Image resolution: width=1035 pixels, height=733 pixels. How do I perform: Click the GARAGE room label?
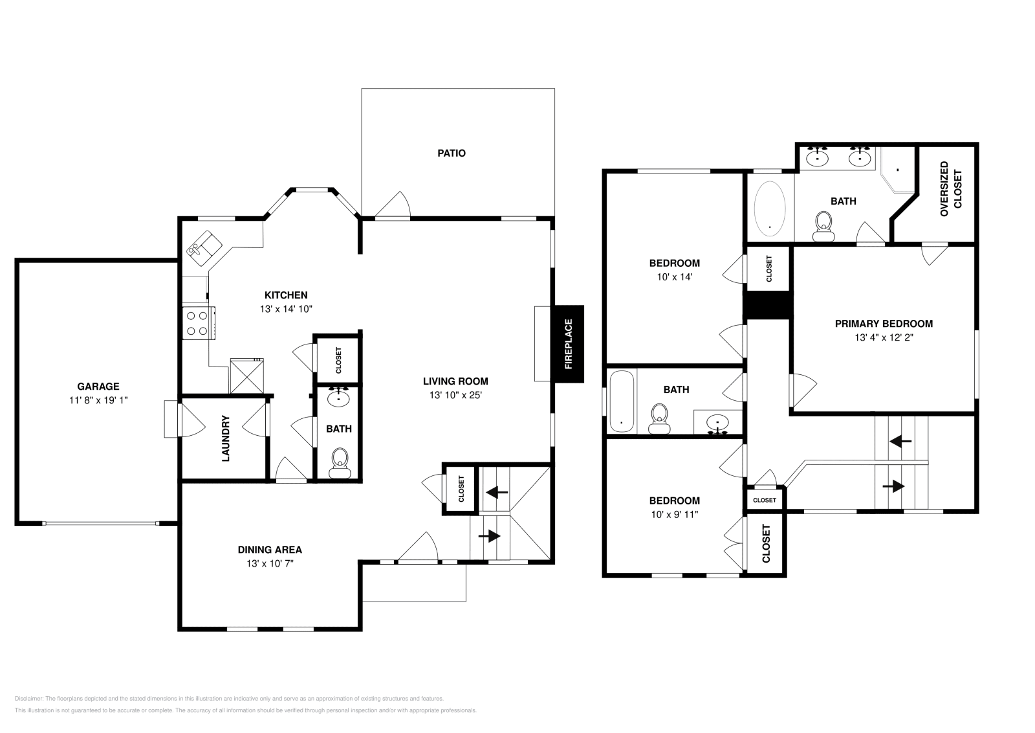(98, 387)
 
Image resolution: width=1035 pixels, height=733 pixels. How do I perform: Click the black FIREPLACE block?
(569, 344)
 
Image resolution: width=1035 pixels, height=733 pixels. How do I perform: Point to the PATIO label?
(452, 153)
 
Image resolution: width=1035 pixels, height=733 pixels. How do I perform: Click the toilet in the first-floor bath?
(340, 462)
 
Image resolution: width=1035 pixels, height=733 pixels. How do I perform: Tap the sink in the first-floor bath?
(339, 398)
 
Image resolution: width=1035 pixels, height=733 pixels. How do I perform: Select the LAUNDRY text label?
(226, 438)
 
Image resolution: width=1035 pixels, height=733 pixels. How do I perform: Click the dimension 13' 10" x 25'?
(455, 395)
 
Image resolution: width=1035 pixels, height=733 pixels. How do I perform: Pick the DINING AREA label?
(270, 550)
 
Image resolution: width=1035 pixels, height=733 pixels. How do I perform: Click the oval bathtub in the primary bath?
(770, 207)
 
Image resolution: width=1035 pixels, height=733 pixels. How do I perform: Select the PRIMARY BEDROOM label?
(884, 324)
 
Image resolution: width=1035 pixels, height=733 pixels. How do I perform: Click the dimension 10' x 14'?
(674, 276)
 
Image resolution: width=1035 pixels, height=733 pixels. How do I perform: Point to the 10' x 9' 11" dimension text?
(674, 514)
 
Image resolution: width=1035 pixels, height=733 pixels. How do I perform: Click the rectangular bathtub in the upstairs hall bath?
(622, 401)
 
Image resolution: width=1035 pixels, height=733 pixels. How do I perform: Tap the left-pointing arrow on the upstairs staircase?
(900, 441)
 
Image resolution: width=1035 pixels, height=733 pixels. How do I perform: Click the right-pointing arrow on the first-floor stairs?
(490, 536)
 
